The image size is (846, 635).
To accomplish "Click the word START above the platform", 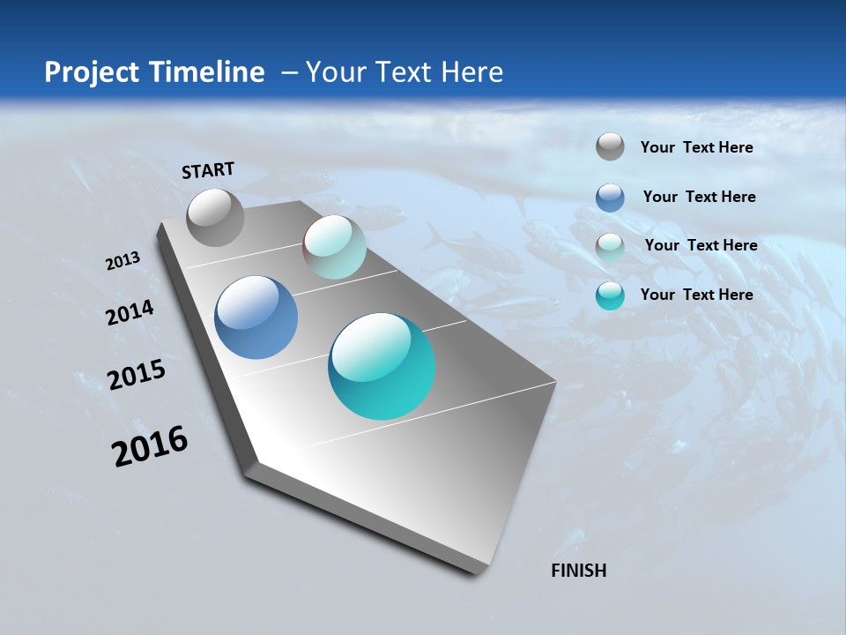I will click(x=208, y=170).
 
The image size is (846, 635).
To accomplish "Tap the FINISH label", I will click(x=579, y=571).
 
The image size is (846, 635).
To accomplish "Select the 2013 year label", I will click(x=122, y=261).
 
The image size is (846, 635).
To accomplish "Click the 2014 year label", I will click(x=130, y=313).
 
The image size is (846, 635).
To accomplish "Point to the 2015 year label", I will click(x=137, y=375).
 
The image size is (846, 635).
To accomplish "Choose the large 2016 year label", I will click(x=150, y=446).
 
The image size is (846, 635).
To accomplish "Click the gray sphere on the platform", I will click(x=215, y=217).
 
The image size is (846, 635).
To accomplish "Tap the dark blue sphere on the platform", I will click(x=256, y=317).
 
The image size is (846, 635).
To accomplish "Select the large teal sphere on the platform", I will click(x=382, y=366).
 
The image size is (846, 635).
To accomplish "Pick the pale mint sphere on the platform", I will click(x=334, y=247).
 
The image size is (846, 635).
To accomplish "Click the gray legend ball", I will click(x=610, y=146).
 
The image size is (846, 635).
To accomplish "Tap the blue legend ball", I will click(x=610, y=197).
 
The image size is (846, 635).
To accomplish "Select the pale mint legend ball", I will click(x=610, y=246).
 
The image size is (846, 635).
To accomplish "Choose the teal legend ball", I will click(x=610, y=295).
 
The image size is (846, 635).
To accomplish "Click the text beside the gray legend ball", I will click(x=696, y=147).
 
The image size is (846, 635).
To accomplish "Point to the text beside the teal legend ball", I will click(x=696, y=295).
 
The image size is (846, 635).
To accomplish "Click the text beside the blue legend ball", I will click(x=699, y=197).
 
